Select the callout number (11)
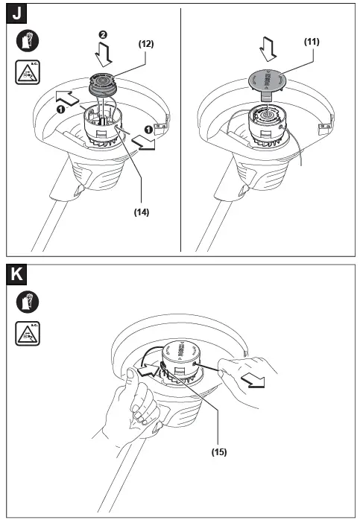[311, 42]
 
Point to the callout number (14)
[141, 212]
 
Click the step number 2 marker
[105, 34]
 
